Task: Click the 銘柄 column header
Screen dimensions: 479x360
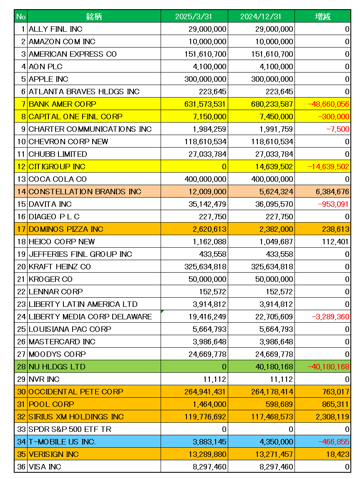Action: [x=94, y=17]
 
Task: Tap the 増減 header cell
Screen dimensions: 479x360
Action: [x=322, y=17]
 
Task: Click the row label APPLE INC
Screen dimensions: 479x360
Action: [x=48, y=79]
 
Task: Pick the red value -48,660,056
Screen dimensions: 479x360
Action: [x=328, y=104]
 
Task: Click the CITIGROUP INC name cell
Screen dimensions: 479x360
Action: [x=57, y=167]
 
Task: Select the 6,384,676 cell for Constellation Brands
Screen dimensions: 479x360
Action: [x=330, y=192]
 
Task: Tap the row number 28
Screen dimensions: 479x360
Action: [x=21, y=367]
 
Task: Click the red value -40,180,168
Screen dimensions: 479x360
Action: [x=328, y=367]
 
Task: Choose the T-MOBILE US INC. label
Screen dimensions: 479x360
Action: [x=62, y=442]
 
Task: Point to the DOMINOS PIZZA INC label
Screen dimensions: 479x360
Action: [x=66, y=229]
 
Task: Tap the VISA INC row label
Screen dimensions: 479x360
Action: [x=45, y=467]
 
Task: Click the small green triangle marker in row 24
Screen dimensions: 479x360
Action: [x=162, y=311]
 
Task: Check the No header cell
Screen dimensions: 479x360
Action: [x=21, y=17]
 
